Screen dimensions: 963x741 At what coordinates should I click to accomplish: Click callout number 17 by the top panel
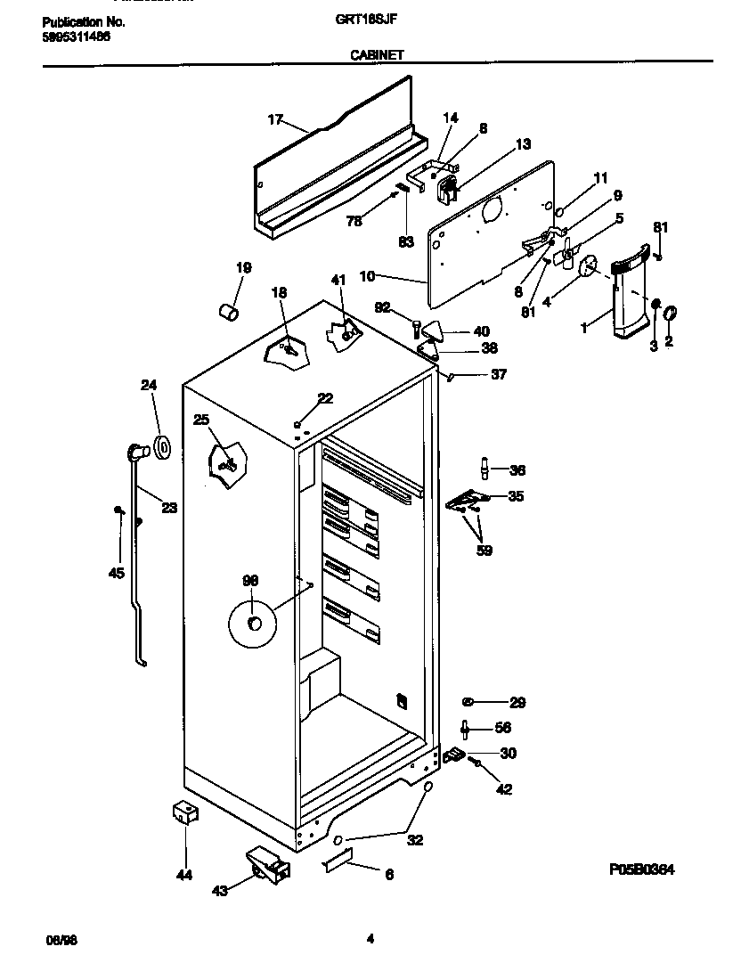coord(274,119)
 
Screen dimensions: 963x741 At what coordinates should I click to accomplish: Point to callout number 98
coord(250,580)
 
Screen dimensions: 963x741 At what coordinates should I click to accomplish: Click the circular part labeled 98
coord(252,624)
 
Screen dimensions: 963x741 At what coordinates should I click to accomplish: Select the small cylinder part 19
coord(228,312)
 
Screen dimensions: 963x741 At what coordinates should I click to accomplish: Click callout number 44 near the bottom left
coord(183,876)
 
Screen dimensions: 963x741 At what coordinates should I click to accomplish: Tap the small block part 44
coord(184,812)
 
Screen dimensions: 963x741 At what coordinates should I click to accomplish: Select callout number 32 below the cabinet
coord(415,839)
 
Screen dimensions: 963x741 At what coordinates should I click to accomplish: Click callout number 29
coord(517,702)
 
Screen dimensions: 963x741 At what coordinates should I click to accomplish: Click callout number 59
coord(483,550)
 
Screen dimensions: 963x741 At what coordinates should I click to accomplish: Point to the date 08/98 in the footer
coord(57,940)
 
